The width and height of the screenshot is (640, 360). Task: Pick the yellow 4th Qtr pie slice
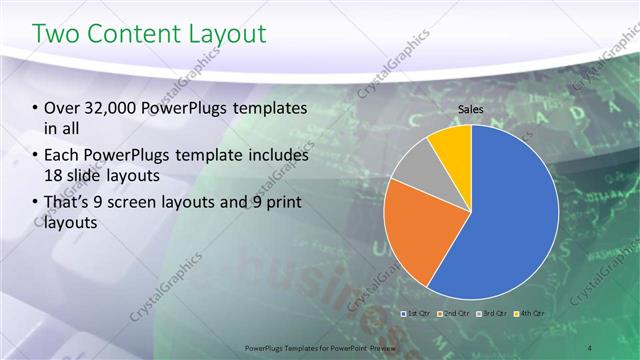point(452,145)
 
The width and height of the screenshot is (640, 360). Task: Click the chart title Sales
point(472,109)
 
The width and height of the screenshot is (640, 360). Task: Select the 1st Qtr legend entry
point(415,314)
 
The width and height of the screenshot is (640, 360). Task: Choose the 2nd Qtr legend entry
point(453,314)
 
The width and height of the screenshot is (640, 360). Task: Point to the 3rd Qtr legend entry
point(491,314)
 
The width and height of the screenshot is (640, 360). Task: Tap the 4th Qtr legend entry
point(529,314)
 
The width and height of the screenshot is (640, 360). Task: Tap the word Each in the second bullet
point(63,156)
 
